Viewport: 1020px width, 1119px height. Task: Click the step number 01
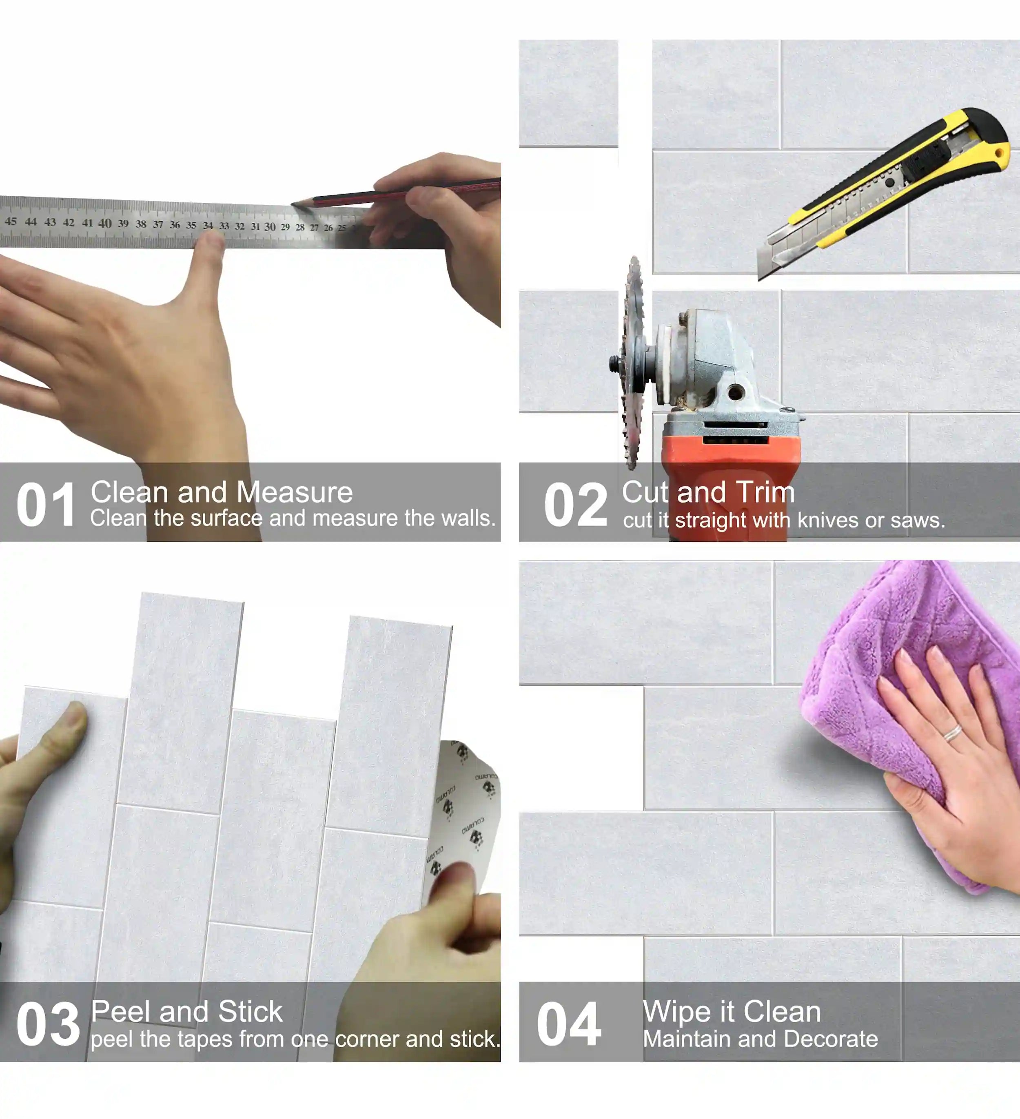[46, 505]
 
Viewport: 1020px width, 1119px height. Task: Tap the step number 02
[575, 505]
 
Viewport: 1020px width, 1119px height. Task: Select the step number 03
[48, 1025]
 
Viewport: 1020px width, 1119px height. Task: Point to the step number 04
[569, 1025]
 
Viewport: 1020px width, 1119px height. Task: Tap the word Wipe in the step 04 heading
[675, 1011]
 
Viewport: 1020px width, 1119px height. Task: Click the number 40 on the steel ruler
[104, 223]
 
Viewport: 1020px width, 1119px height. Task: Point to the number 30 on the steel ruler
[270, 226]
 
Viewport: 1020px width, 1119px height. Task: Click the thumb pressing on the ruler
[208, 250]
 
